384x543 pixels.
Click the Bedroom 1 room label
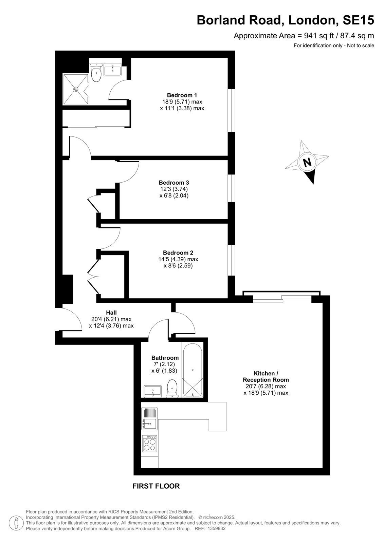point(182,95)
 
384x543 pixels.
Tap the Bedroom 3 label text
point(174,183)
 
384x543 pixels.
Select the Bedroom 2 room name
point(178,253)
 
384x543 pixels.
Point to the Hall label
point(111,313)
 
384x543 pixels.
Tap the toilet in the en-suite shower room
point(96,72)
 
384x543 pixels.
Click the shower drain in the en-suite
point(76,89)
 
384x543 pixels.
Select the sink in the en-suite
point(112,70)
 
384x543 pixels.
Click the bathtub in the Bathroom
point(193,370)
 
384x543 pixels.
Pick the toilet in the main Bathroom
point(172,388)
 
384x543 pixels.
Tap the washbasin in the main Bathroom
point(152,391)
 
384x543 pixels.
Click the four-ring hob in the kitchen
point(150,443)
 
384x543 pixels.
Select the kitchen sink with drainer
point(149,418)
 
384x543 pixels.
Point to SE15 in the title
point(358,20)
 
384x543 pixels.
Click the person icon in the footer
point(16,523)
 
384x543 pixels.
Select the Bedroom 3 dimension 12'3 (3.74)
point(173,189)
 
